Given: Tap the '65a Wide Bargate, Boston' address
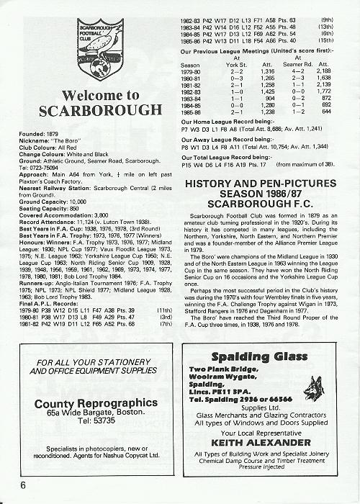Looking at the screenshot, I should pyautogui.click(x=88, y=413).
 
